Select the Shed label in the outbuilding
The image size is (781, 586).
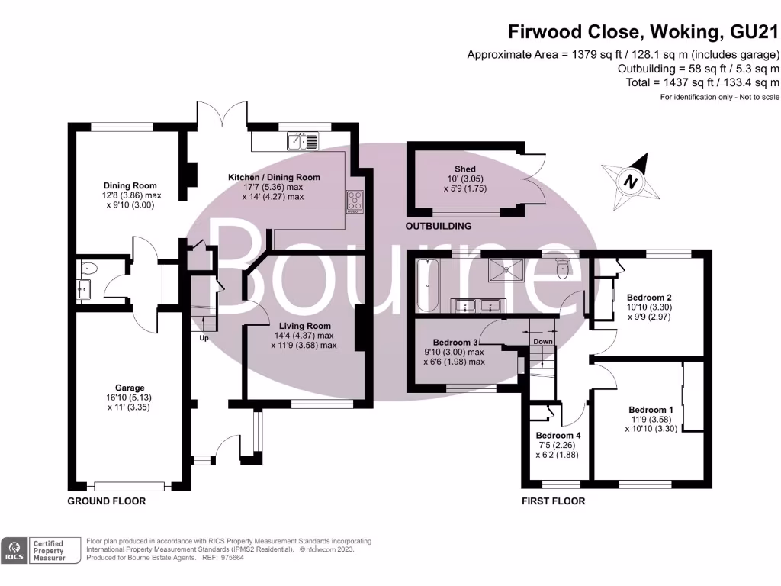(x=465, y=169)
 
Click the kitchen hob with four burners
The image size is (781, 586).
(x=355, y=200)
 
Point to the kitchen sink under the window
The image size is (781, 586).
(x=304, y=140)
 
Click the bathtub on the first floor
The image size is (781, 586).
(x=427, y=285)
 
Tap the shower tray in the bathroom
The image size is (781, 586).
(x=508, y=268)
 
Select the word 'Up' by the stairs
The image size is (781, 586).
(x=204, y=337)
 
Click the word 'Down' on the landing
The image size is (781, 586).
(x=543, y=341)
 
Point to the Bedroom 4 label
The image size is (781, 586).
(x=558, y=436)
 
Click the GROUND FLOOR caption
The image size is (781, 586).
(x=107, y=501)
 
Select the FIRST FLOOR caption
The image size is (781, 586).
(x=554, y=501)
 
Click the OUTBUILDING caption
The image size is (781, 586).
(x=439, y=226)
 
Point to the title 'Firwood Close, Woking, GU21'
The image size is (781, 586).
(x=644, y=32)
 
